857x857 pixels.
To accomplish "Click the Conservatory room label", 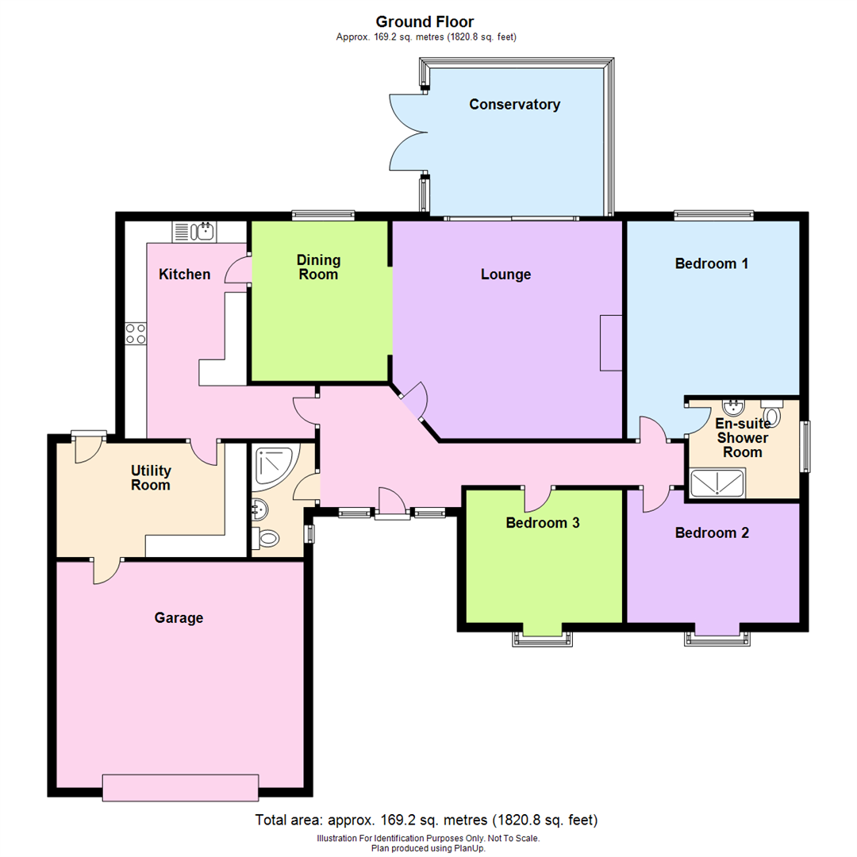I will (514, 104).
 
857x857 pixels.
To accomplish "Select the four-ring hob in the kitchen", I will (135, 333).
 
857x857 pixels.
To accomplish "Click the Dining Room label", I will (318, 267).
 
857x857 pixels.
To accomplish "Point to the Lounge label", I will (505, 275).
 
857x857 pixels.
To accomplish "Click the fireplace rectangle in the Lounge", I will (611, 342).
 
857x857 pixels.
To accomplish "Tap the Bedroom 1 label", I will (712, 263).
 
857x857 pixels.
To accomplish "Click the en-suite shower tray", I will (717, 482).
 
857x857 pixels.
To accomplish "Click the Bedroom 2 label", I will (712, 532).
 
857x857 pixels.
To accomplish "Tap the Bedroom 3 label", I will (544, 523).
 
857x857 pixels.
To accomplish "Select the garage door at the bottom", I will (180, 787).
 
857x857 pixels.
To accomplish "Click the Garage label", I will (179, 617).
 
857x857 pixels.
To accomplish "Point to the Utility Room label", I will (151, 478).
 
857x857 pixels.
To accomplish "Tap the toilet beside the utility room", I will (267, 540).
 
